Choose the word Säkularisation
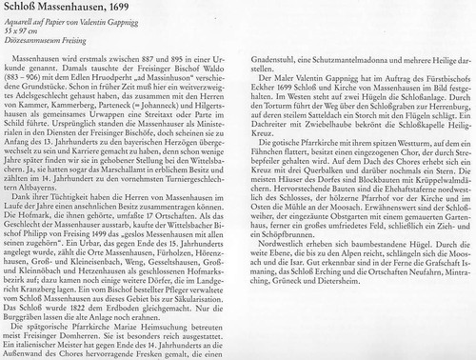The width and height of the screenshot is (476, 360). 202,324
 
